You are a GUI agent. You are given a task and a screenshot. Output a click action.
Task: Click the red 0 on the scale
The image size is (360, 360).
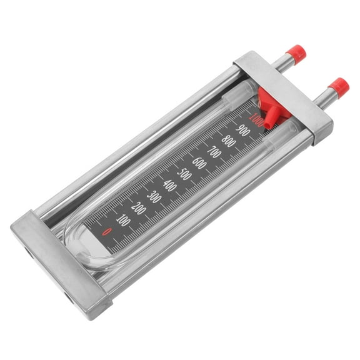[x=107, y=232]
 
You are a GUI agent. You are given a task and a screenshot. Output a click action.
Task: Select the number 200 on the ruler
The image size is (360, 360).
[x=139, y=209]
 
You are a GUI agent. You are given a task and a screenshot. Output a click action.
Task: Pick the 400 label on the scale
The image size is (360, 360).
[x=169, y=186]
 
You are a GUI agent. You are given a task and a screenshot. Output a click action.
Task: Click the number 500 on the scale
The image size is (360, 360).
[x=184, y=174]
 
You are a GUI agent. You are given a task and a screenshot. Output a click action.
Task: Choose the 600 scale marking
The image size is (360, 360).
[x=199, y=162]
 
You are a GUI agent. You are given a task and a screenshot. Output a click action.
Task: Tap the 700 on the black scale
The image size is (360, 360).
[x=214, y=151]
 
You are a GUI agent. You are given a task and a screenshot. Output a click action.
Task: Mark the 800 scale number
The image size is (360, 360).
[x=229, y=141]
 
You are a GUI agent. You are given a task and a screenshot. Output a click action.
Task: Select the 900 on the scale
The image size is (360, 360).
[x=243, y=129]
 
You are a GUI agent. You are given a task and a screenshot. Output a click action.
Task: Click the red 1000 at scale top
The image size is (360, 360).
[x=256, y=119]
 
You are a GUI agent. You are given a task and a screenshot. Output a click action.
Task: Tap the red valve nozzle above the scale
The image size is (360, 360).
[x=269, y=113]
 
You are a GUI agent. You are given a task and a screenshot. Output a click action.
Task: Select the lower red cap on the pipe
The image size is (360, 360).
[x=339, y=86]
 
